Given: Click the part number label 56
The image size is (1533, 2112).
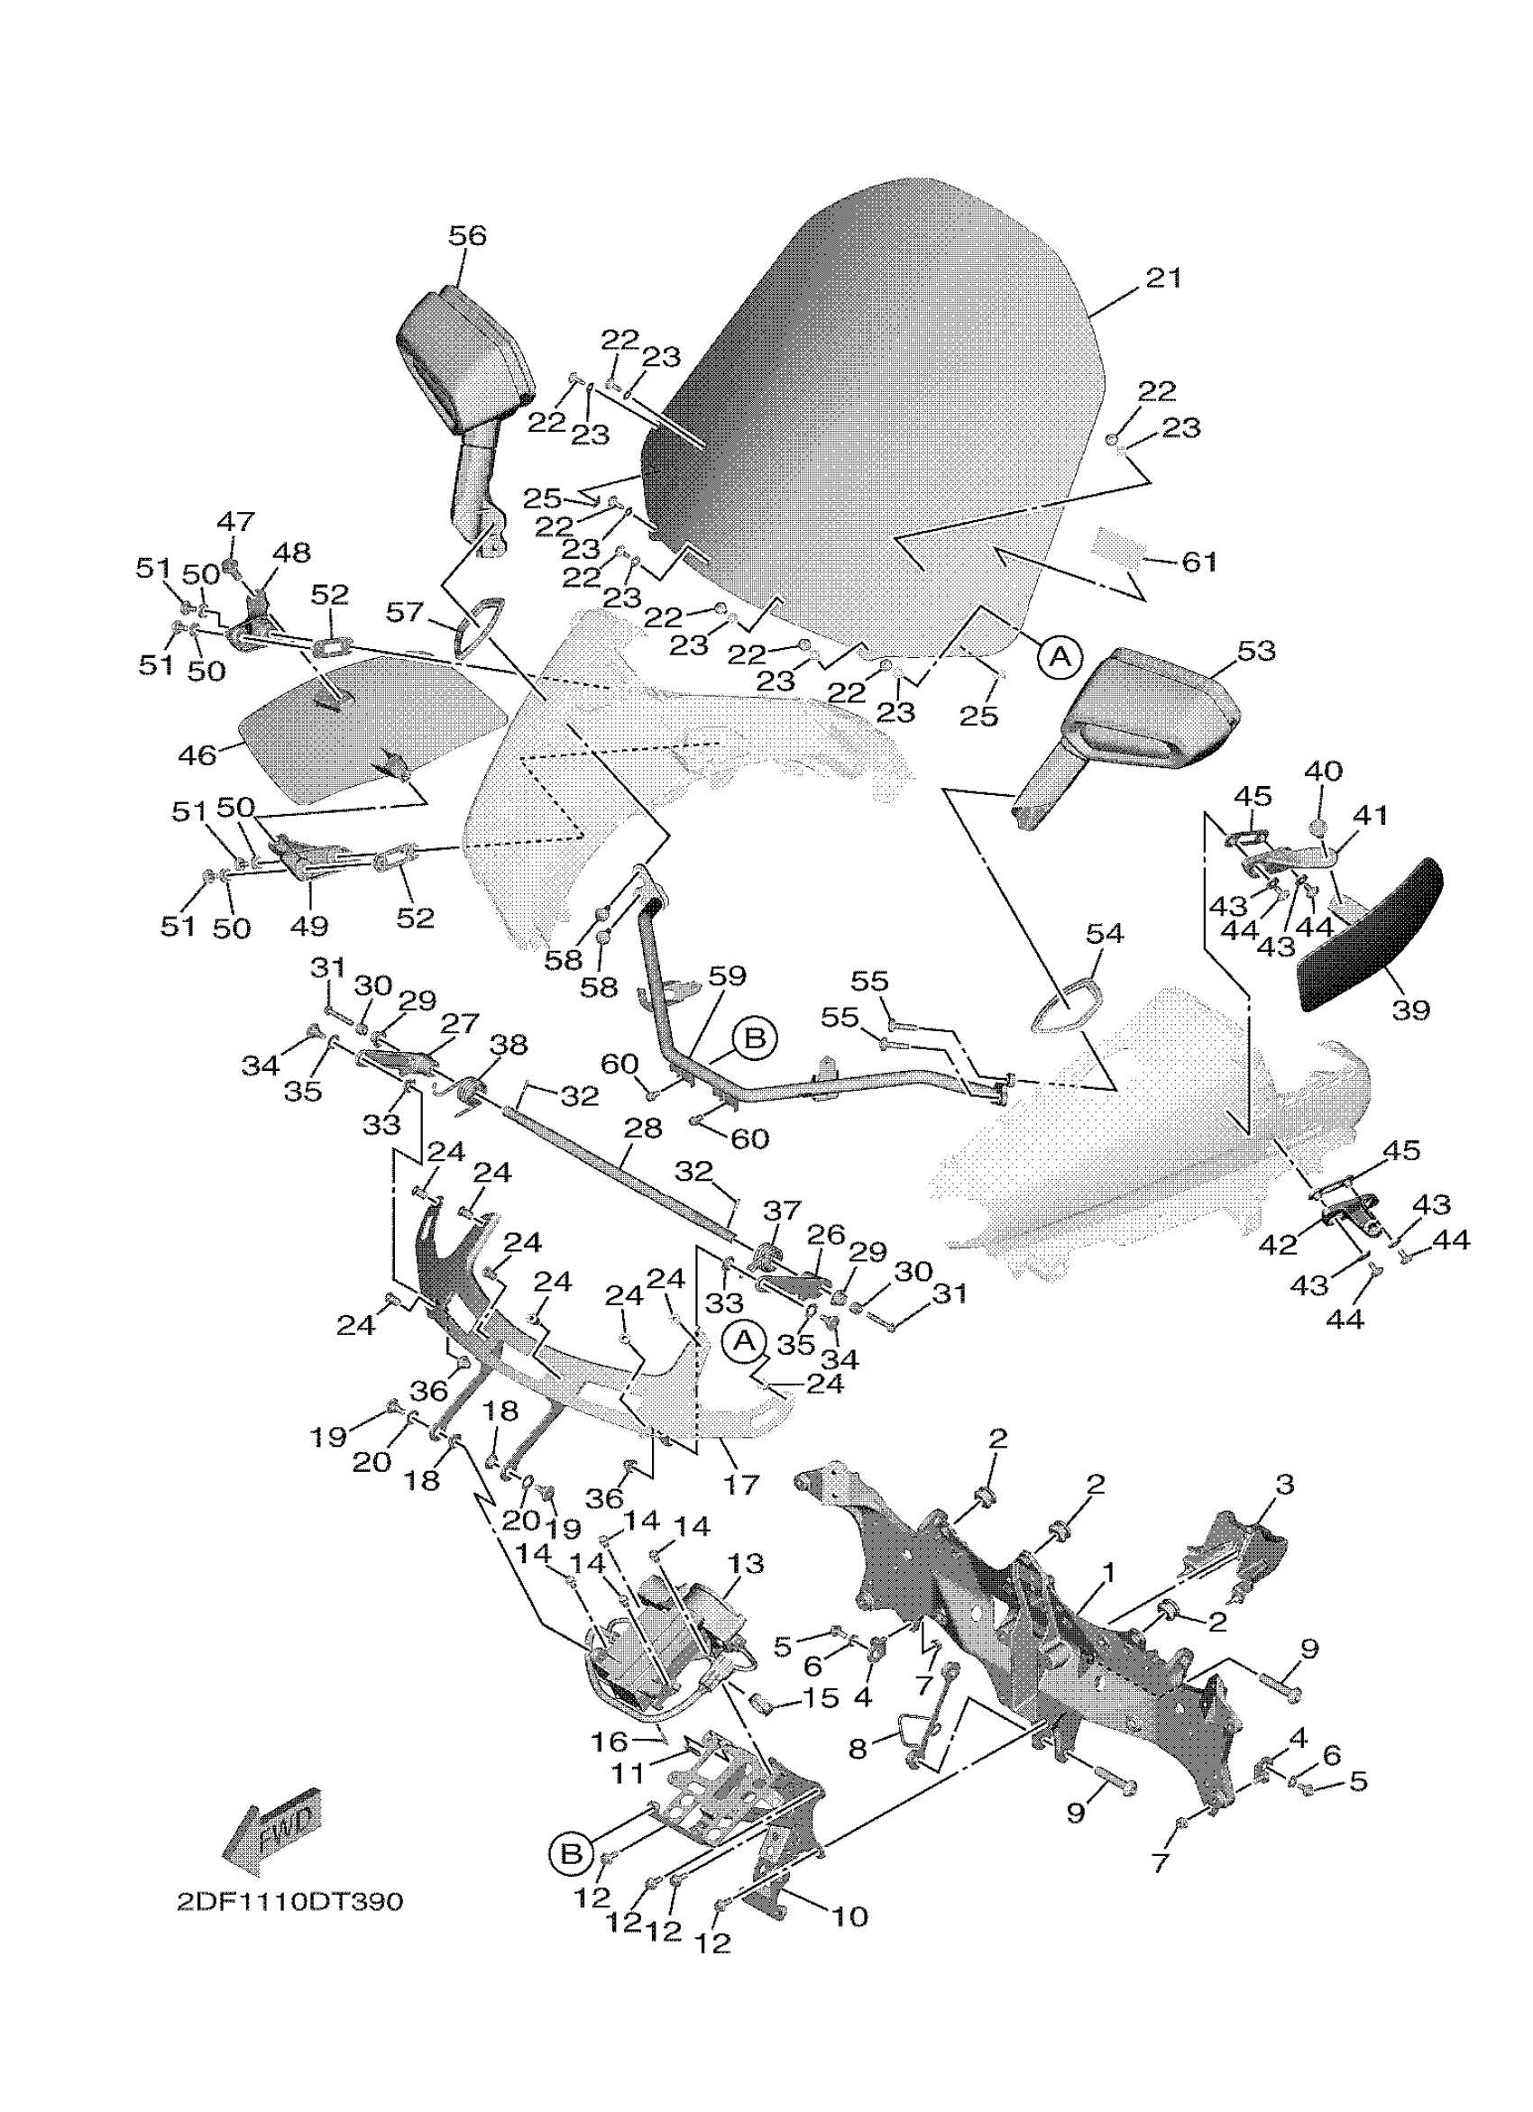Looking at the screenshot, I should pyautogui.click(x=466, y=235).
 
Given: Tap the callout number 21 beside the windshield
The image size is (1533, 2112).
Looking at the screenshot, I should pyautogui.click(x=1163, y=278).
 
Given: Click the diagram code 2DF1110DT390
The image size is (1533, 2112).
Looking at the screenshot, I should pyautogui.click(x=289, y=1902).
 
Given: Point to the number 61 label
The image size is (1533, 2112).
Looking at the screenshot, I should pyautogui.click(x=1198, y=562).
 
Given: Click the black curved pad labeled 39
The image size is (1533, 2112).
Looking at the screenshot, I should pyautogui.click(x=1369, y=936).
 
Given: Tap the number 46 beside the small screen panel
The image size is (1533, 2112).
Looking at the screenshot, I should pyautogui.click(x=197, y=754).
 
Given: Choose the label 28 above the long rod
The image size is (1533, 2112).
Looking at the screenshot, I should pyautogui.click(x=643, y=1128).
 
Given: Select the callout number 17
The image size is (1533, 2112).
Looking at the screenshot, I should pyautogui.click(x=741, y=1485).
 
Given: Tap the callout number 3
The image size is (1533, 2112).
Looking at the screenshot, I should pyautogui.click(x=1284, y=1485).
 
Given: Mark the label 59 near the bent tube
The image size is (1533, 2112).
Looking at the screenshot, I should pyautogui.click(x=728, y=976).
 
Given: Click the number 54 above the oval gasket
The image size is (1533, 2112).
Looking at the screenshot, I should pyautogui.click(x=1105, y=932).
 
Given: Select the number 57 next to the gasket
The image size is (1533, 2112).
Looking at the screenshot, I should pyautogui.click(x=406, y=612).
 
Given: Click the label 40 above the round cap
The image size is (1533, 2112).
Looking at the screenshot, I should pyautogui.click(x=1323, y=771).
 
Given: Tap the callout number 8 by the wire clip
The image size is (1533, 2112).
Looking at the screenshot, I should pyautogui.click(x=858, y=1748).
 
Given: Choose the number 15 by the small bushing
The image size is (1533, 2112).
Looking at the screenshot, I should pyautogui.click(x=820, y=1696).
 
